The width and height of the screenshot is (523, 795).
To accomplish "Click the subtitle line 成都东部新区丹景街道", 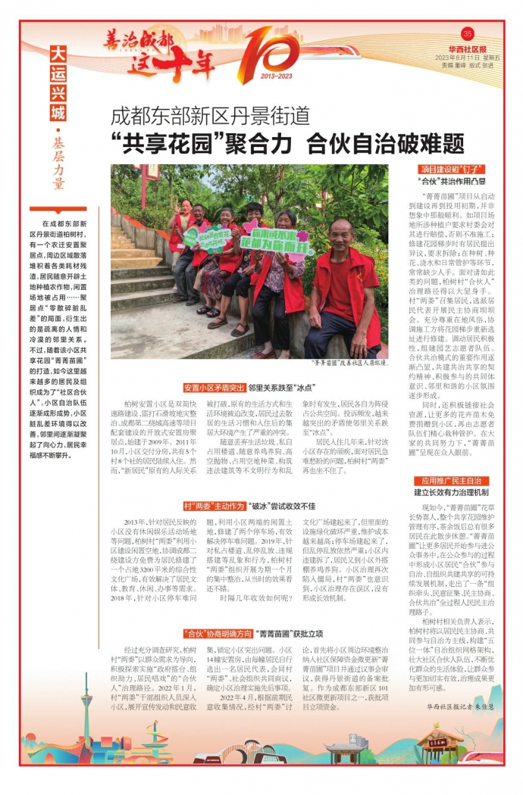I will (210, 117).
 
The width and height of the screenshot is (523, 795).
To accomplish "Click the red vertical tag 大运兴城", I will (58, 83).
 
